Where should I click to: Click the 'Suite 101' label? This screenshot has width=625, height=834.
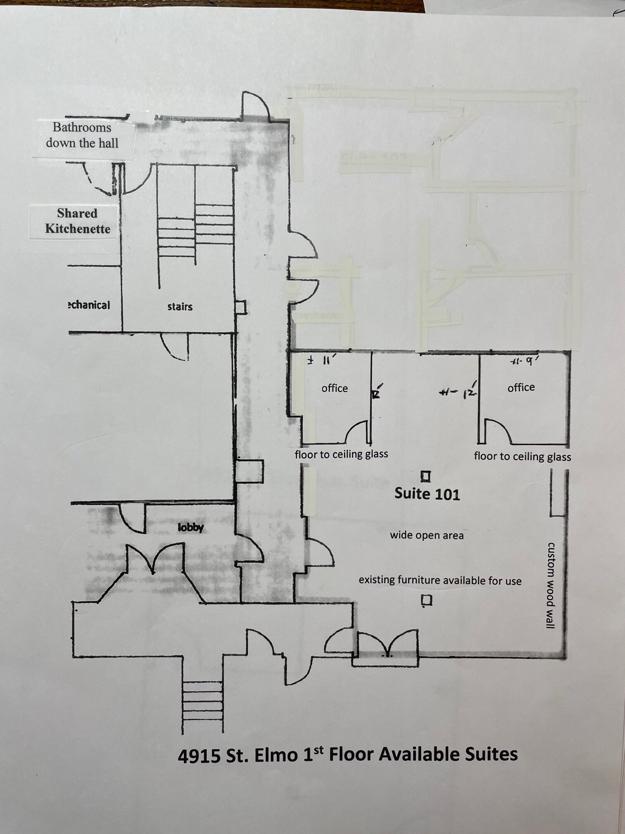pos(427,494)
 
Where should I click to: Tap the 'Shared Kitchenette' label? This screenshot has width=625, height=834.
pos(78,221)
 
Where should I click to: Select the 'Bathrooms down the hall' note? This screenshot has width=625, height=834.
pos(82,135)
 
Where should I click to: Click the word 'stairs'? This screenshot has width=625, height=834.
pos(180,307)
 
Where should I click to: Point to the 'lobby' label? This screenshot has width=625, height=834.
pos(191,527)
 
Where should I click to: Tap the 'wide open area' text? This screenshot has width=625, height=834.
pos(427,535)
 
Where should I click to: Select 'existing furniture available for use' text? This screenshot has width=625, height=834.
pos(440,580)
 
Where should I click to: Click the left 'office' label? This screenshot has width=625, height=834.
pos(334,388)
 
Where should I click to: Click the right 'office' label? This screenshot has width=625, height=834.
pos(521,387)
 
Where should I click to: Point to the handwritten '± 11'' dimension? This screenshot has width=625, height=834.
pos(320,360)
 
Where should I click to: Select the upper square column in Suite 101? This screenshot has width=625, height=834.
pos(426,477)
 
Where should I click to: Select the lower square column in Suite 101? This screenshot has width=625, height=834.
pos(427,600)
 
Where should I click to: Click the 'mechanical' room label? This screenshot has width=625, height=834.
pos(89,305)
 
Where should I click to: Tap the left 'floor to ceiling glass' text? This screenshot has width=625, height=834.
pos(341,454)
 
